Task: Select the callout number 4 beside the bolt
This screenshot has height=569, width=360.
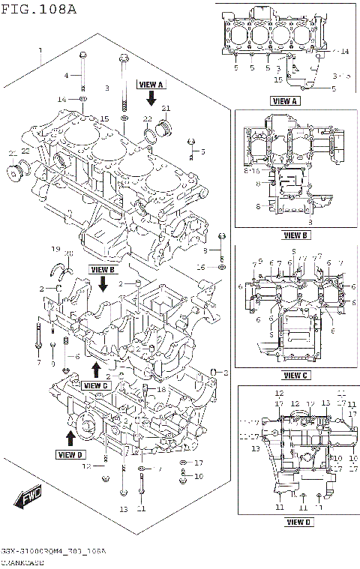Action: click(66, 76)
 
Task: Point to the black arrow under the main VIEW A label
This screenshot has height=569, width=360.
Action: click(151, 98)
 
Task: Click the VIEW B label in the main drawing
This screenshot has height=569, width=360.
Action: click(103, 268)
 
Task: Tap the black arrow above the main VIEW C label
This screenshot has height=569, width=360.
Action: click(96, 370)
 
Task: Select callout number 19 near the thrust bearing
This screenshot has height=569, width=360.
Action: click(55, 249)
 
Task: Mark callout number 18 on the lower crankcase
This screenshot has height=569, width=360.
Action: click(160, 390)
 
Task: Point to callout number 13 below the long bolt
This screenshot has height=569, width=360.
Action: click(124, 509)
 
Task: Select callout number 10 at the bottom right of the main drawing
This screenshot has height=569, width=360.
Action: click(199, 476)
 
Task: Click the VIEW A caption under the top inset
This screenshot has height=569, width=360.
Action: click(284, 100)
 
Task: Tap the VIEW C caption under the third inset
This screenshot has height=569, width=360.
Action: click(295, 375)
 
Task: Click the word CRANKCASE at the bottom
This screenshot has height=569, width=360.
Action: click(21, 562)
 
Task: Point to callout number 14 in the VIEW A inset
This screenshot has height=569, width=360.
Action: click(345, 52)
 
